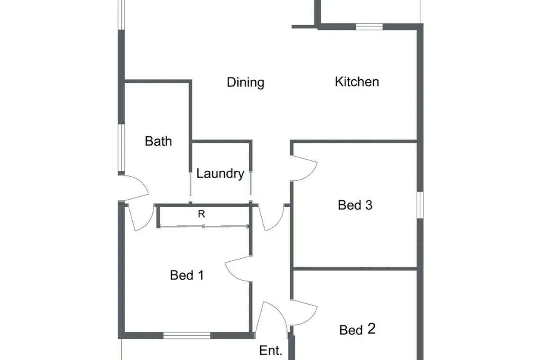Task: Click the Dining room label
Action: coord(245,82)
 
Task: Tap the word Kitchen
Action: coord(357,81)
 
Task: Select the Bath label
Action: coord(158,141)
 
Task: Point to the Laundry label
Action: coord(220,173)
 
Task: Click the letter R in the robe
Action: coord(201,214)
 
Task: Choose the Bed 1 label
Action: coord(187,275)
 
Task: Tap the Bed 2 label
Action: coord(357,329)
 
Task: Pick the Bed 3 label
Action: coord(355,205)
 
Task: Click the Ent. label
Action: coord(270,351)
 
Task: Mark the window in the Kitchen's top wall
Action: coord(369,27)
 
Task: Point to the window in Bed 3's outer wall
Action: coord(420,205)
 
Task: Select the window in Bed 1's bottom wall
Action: coord(187,335)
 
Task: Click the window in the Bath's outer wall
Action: coord(121,148)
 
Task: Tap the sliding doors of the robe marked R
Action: coord(204,226)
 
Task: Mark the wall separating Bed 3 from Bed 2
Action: coord(355,269)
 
